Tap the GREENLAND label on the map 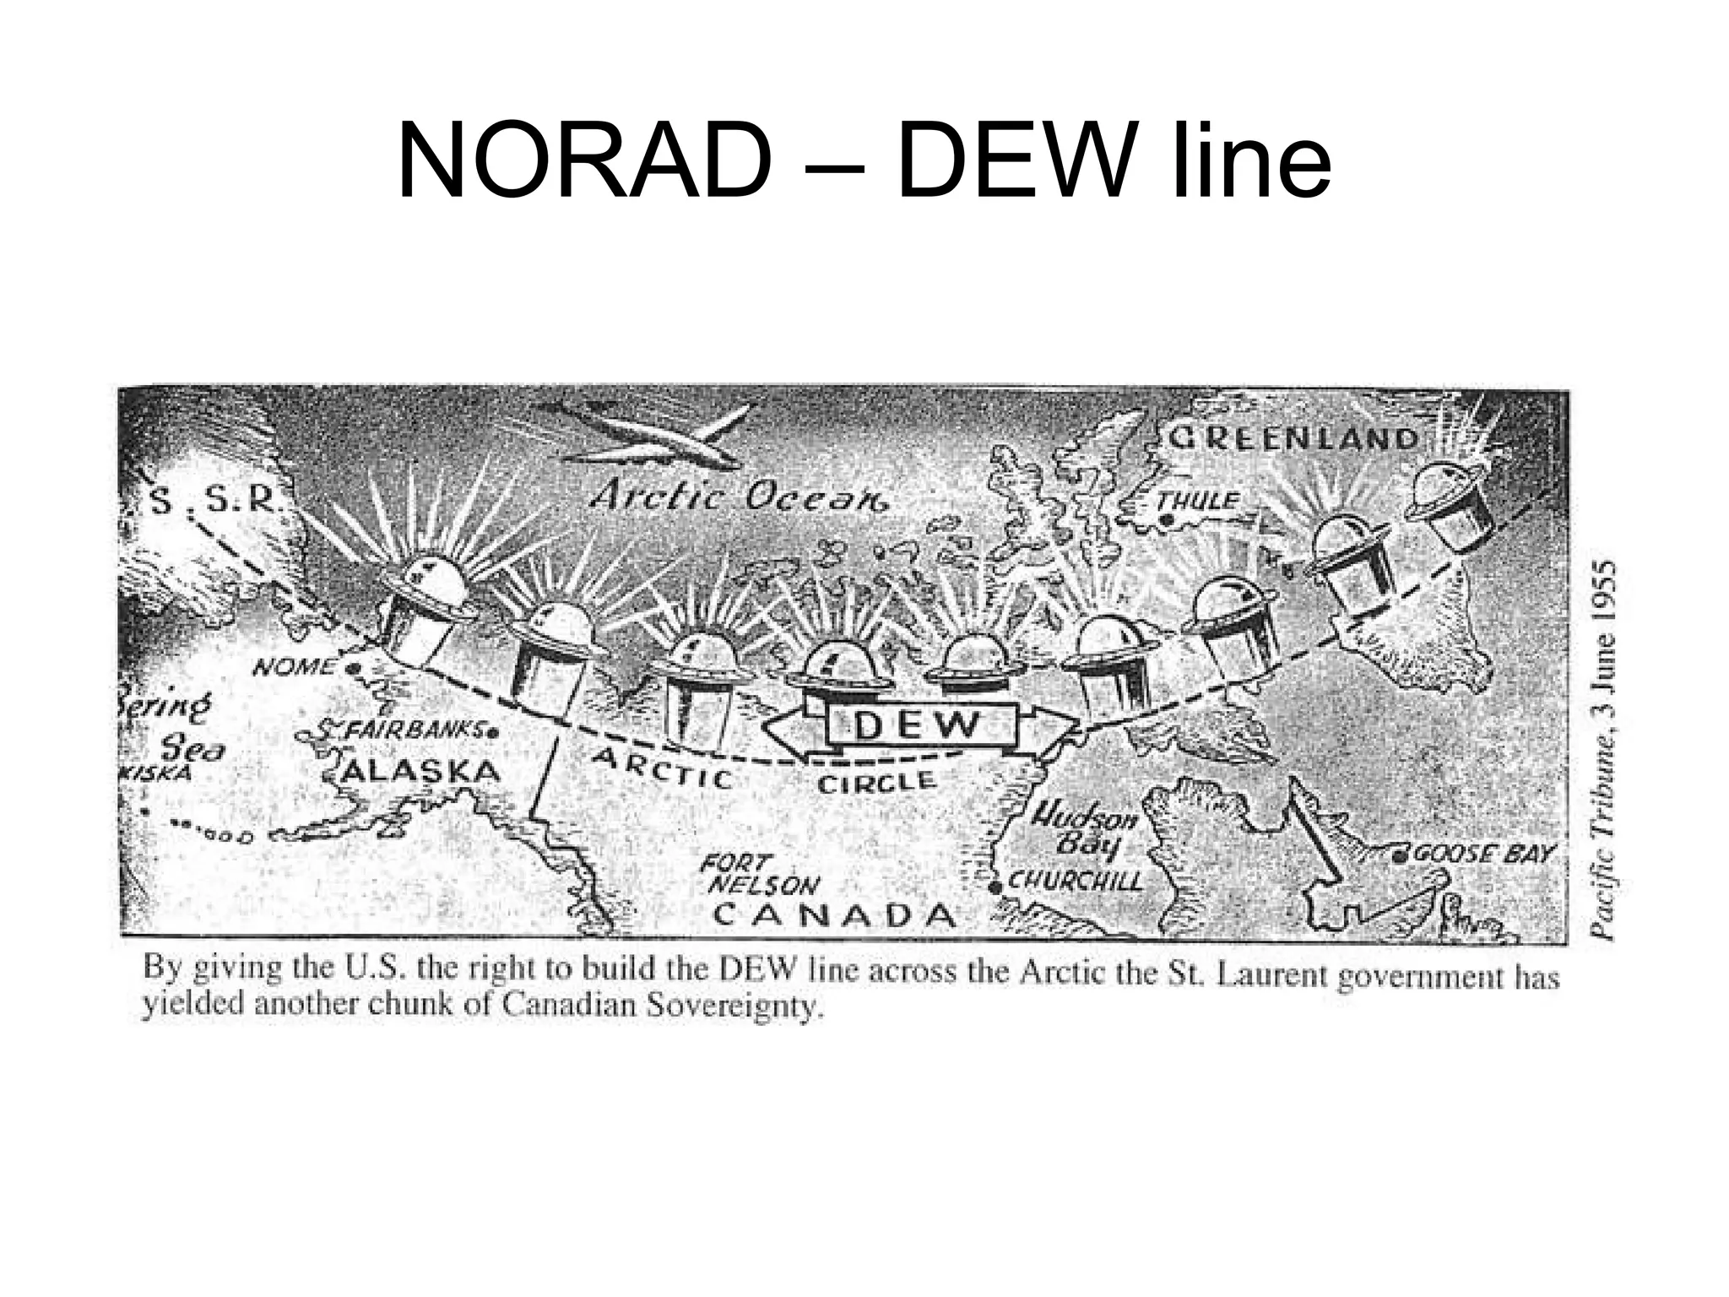tap(1292, 438)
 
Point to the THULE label tap(1197, 501)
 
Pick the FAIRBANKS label tap(409, 730)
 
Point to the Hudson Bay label tap(1084, 829)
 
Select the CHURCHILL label tap(1075, 882)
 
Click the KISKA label tap(154, 773)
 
